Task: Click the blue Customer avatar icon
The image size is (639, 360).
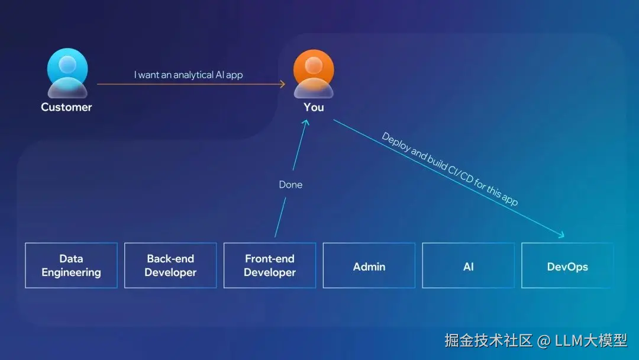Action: pos(67,73)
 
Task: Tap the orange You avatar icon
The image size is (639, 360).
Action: pos(314,73)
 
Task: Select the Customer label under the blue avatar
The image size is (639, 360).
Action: pos(66,107)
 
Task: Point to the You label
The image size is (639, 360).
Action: pos(314,107)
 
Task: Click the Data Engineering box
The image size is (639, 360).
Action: pos(71,265)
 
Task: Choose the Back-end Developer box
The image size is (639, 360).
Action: pos(170,265)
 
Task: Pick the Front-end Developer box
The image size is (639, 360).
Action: pos(270,265)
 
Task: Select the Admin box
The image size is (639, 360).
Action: pos(369,266)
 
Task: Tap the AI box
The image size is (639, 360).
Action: pos(469,266)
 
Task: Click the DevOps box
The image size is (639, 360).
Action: pos(567,266)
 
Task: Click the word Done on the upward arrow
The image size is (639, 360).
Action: pos(291,185)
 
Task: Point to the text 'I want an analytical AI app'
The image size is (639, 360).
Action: pos(188,75)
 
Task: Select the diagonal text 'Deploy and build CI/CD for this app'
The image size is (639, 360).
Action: pos(450,169)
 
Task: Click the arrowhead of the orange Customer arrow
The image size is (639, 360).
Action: pos(282,84)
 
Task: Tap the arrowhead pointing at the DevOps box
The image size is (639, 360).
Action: pos(561,236)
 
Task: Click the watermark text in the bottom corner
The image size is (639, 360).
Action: pos(535,340)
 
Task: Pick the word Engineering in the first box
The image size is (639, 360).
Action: pos(71,273)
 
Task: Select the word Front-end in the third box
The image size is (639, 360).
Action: pos(270,259)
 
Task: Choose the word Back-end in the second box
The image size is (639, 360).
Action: pos(170,259)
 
